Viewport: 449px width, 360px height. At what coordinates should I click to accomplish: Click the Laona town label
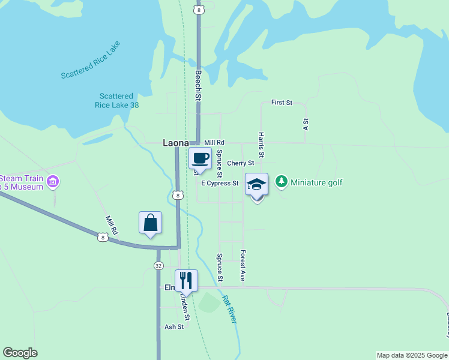pyautogui.click(x=176, y=143)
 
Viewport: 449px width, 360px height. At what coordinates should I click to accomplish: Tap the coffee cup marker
pyautogui.click(x=200, y=158)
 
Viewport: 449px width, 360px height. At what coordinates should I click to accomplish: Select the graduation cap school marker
pyautogui.click(x=256, y=184)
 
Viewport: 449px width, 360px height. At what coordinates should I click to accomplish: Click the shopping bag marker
pyautogui.click(x=150, y=223)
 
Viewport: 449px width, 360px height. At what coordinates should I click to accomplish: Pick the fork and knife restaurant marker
pyautogui.click(x=186, y=280)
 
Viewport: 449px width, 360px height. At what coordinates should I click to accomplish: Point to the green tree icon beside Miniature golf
pyautogui.click(x=281, y=181)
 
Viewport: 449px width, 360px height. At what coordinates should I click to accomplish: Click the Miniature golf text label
pyautogui.click(x=316, y=182)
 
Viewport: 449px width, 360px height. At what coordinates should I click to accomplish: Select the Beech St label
pyautogui.click(x=197, y=85)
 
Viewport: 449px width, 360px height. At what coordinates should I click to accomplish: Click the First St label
pyautogui.click(x=281, y=103)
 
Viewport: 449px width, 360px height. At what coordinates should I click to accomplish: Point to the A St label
pyautogui.click(x=306, y=124)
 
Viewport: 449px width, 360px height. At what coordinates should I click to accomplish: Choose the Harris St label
pyautogui.click(x=261, y=146)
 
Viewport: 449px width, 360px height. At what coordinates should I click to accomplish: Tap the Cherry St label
pyautogui.click(x=241, y=163)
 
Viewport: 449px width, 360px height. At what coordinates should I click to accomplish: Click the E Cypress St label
pyautogui.click(x=220, y=183)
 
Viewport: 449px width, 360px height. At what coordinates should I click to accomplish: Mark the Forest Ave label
pyautogui.click(x=243, y=265)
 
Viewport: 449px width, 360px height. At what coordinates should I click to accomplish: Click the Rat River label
pyautogui.click(x=229, y=309)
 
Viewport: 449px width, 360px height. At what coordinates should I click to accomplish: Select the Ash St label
pyautogui.click(x=174, y=327)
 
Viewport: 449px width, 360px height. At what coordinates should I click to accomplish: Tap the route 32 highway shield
pyautogui.click(x=158, y=265)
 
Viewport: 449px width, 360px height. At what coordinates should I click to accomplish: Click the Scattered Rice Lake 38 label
pyautogui.click(x=116, y=100)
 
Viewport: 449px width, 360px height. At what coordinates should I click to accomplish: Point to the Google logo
pyautogui.click(x=20, y=353)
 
